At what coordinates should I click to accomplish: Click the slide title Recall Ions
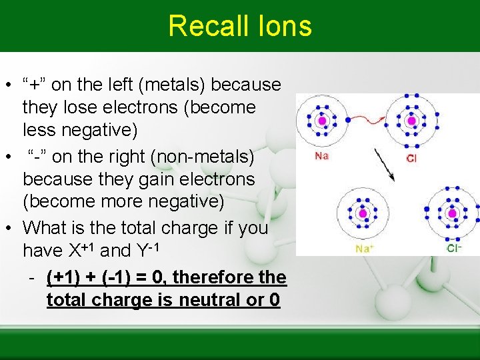pos(240,26)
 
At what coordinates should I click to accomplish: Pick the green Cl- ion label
pos(454,249)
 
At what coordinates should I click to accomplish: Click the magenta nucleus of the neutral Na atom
pos(323,121)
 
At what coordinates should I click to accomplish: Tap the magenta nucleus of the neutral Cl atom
pos(411,121)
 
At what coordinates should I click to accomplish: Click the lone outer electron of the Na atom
pos(345,120)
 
